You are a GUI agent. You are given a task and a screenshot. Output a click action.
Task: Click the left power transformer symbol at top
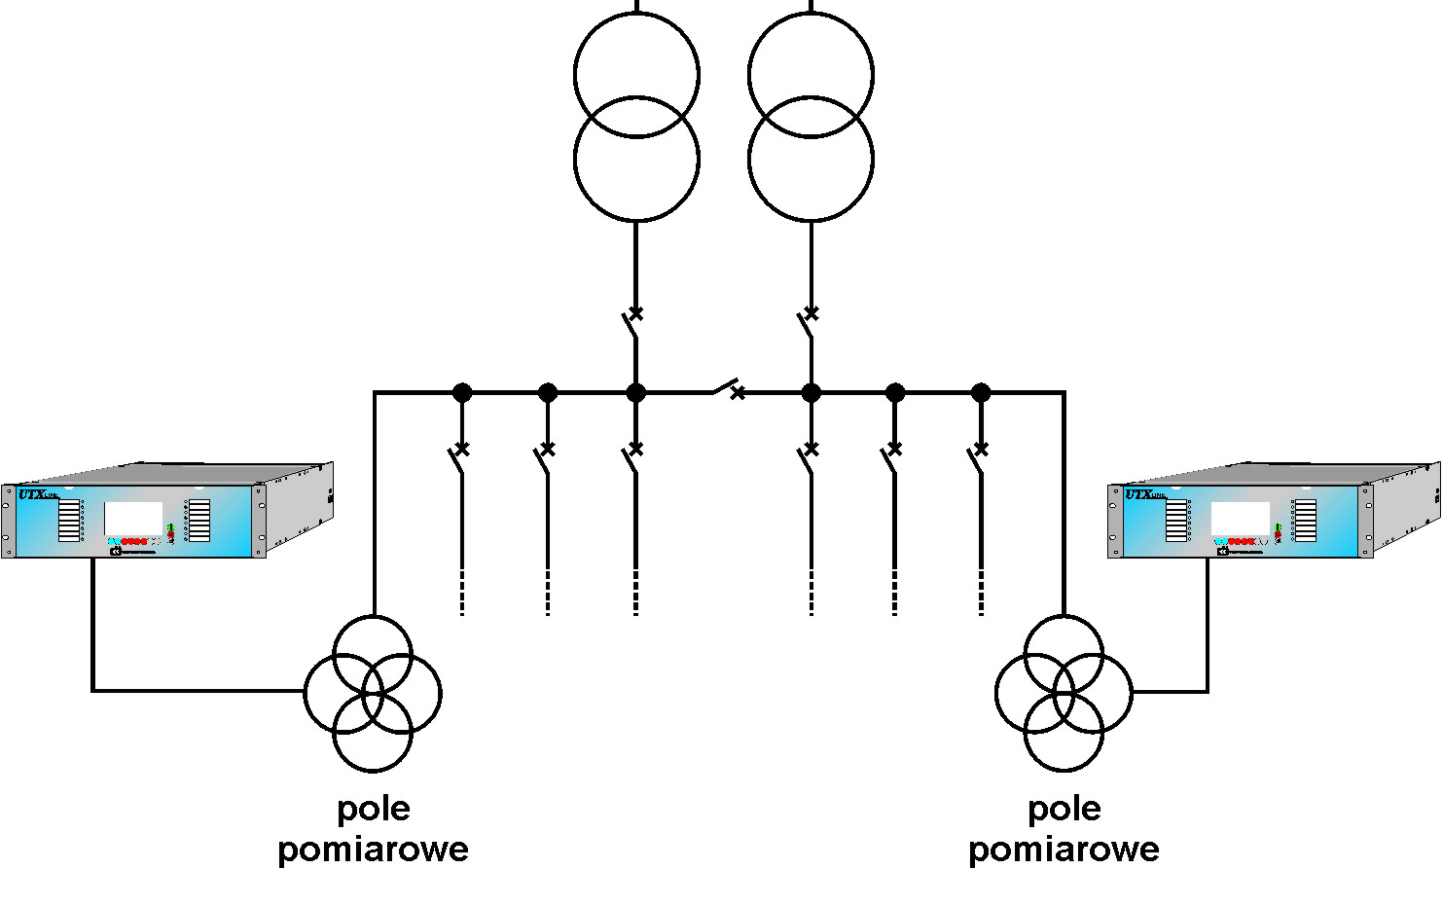[x=636, y=117]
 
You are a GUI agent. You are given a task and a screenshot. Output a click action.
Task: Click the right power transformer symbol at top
[x=811, y=117]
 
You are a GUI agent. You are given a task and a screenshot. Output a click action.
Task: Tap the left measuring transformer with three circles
[x=373, y=693]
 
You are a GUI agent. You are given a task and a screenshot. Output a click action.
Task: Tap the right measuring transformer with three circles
[x=1064, y=693]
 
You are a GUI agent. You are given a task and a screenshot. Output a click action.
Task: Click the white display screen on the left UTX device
[x=133, y=518]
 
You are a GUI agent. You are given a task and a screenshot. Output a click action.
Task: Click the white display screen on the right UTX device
[x=1240, y=519]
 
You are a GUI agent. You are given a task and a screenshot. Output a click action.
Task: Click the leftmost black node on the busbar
[x=462, y=393]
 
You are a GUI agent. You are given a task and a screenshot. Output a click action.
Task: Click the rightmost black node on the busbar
[x=981, y=393]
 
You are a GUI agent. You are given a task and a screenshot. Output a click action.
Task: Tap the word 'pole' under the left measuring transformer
[x=374, y=809]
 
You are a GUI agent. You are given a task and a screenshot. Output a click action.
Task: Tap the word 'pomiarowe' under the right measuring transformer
[x=1064, y=850]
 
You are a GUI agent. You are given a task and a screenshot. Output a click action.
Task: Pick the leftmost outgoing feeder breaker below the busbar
[x=459, y=457]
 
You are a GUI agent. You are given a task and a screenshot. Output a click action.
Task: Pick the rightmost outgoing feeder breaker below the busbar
[x=977, y=457]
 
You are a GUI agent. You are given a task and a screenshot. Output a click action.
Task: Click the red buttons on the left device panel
[x=134, y=541]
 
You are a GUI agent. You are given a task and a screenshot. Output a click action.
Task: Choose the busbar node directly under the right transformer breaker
[x=811, y=393]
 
